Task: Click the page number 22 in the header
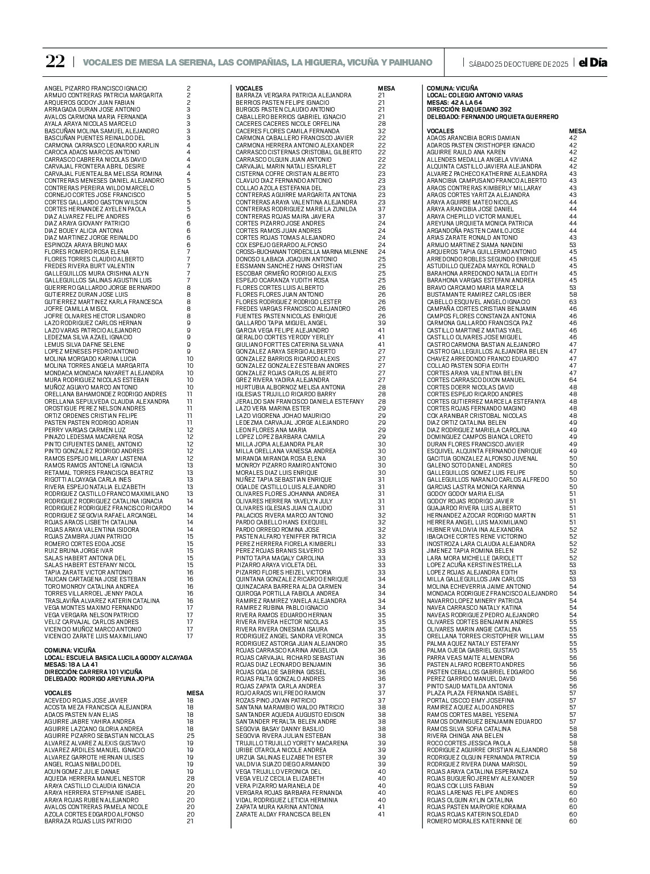[55, 62]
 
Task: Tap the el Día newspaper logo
[593, 63]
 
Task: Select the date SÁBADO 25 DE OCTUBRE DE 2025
[518, 63]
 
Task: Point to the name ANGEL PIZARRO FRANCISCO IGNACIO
[96, 88]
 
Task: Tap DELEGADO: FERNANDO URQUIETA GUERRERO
[492, 117]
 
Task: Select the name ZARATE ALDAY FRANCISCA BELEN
[283, 814]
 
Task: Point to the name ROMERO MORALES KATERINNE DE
[474, 821]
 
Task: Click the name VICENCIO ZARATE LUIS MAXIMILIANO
[96, 636]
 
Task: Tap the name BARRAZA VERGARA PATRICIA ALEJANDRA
[294, 95]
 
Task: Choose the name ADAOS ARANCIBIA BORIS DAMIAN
[473, 138]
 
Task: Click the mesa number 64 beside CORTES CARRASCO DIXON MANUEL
[573, 380]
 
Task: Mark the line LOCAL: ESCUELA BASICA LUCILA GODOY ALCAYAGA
[118, 658]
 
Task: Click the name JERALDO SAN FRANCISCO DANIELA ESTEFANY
[299, 401]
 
